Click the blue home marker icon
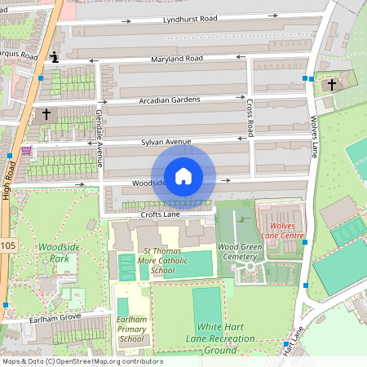point(183,176)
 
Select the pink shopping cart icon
point(27,151)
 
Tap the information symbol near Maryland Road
point(54,56)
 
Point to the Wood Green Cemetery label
point(238,250)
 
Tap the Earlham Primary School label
point(131,328)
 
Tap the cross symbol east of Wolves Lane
point(332,85)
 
